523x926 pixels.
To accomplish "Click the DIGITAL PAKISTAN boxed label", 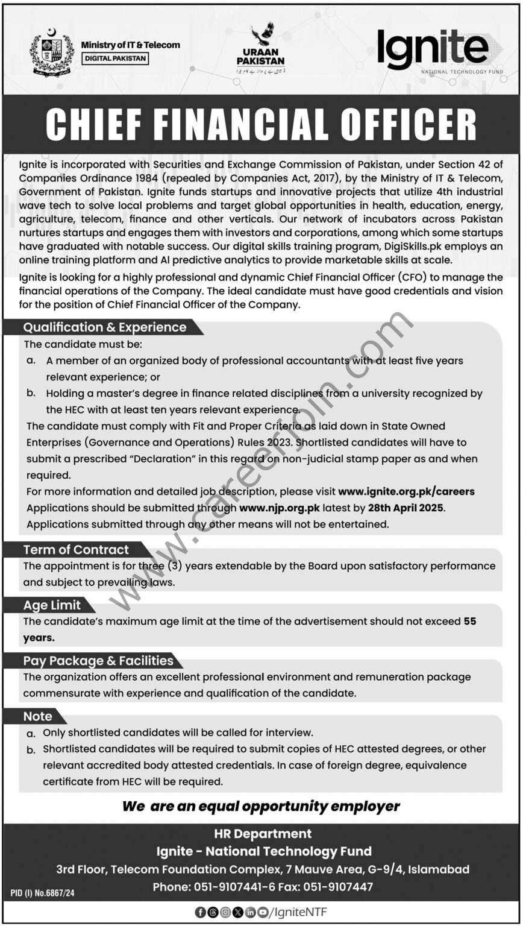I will click(114, 58).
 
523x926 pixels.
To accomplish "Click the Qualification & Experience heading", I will click(105, 327).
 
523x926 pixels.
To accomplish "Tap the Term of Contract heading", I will click(76, 550).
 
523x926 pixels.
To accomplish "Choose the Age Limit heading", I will click(51, 605).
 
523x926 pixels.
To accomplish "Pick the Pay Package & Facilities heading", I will click(98, 661).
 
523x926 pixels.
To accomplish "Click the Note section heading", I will click(37, 716).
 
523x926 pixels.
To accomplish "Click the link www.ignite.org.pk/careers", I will click(406, 491).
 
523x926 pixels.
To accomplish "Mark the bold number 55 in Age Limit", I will click(470, 621).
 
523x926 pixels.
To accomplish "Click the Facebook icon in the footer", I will click(200, 912).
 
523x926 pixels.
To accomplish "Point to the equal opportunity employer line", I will click(261, 805).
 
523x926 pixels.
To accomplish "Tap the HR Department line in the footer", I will click(263, 834).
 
